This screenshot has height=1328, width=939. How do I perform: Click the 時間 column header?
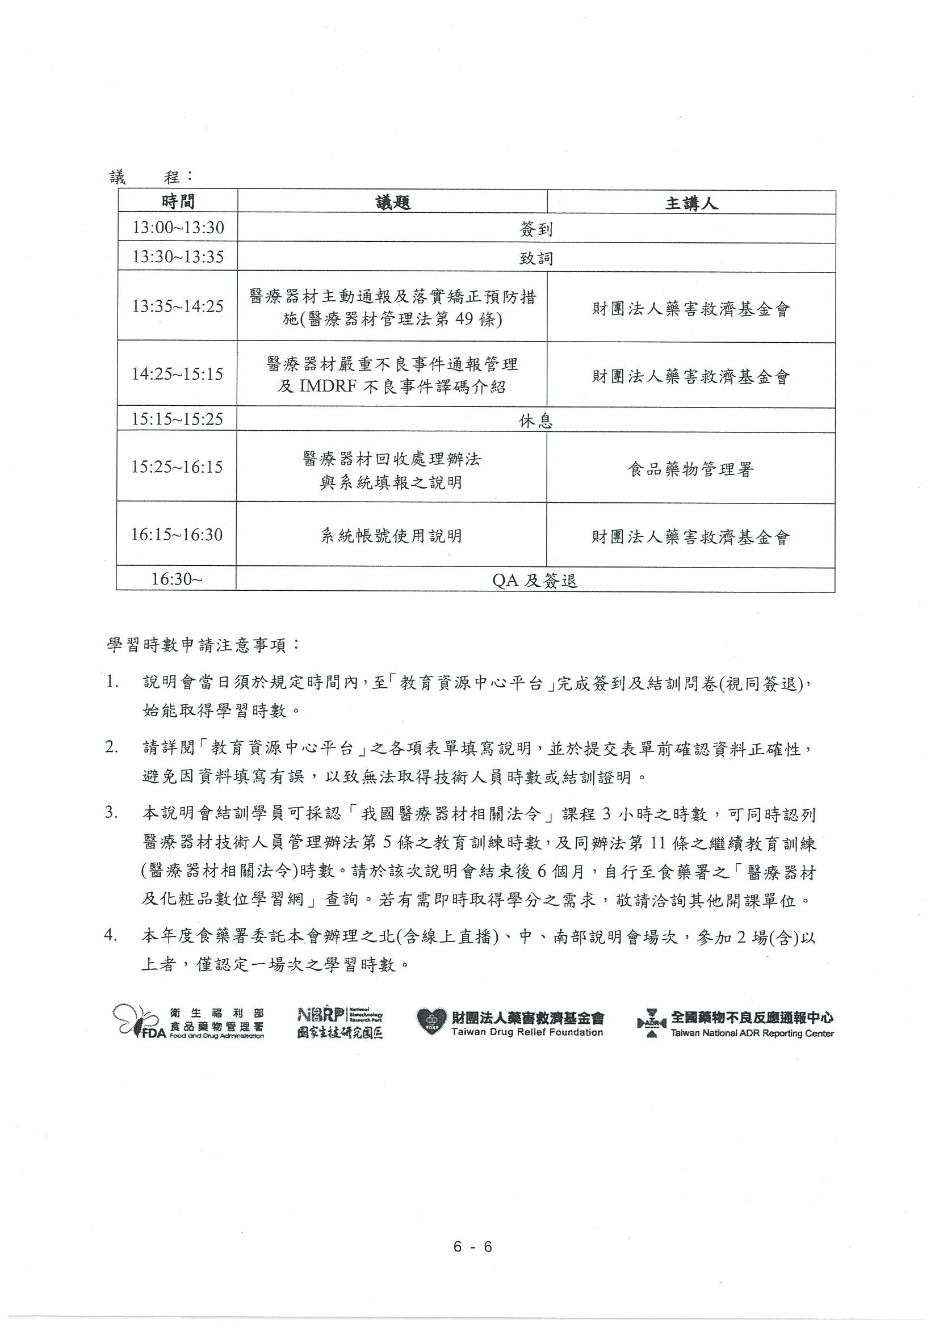point(178,202)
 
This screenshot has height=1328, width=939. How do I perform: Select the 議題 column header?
point(392,203)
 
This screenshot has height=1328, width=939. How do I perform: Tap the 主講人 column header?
point(691,203)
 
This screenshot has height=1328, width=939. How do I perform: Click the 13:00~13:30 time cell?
point(178,228)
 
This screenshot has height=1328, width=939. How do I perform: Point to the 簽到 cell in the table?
point(536,229)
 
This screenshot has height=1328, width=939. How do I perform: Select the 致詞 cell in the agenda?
point(536,258)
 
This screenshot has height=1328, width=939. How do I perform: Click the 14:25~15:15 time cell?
point(177,373)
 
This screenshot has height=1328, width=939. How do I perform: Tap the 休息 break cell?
point(535,421)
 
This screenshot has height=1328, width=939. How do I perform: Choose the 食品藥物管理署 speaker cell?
point(690,469)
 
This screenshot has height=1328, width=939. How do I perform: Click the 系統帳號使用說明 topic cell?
point(392,536)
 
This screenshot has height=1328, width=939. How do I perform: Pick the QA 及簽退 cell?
point(535,580)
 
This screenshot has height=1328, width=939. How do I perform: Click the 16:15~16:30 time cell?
point(177,535)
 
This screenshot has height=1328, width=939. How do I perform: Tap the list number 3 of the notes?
point(111,812)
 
